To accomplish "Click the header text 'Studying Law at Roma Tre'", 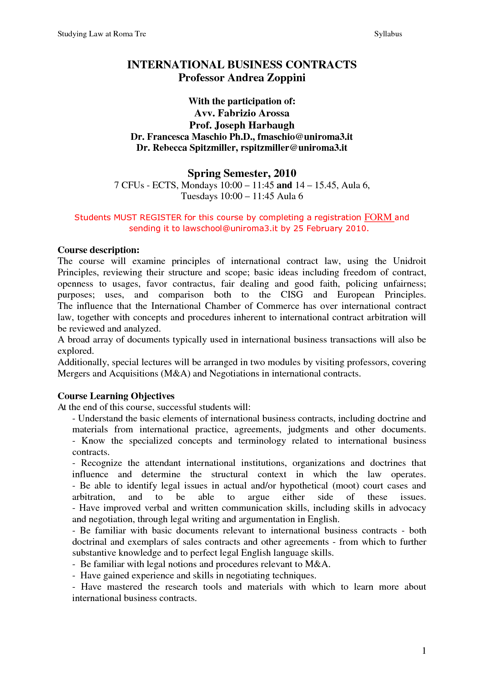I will pyautogui.click(x=101, y=34).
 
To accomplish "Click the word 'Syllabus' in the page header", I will pyautogui.click(x=388, y=34).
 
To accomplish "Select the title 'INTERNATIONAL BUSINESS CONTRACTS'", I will pyautogui.click(x=242, y=65).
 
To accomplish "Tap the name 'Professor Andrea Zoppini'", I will pyautogui.click(x=242, y=78).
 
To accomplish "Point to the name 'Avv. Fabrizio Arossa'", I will pyautogui.click(x=242, y=113).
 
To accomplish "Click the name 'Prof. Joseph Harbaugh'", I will pyautogui.click(x=242, y=125).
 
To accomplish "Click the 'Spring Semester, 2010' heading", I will pyautogui.click(x=242, y=173).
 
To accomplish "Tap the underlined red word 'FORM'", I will pyautogui.click(x=378, y=217).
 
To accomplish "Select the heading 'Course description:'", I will pyautogui.click(x=98, y=250).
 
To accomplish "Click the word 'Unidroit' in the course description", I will pyautogui.click(x=409, y=261).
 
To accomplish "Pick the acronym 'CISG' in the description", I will pyautogui.click(x=292, y=295).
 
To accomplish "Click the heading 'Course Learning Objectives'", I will pyautogui.click(x=116, y=396).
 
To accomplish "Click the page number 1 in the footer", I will pyautogui.click(x=424, y=651).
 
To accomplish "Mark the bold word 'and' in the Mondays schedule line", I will pyautogui.click(x=284, y=185).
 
